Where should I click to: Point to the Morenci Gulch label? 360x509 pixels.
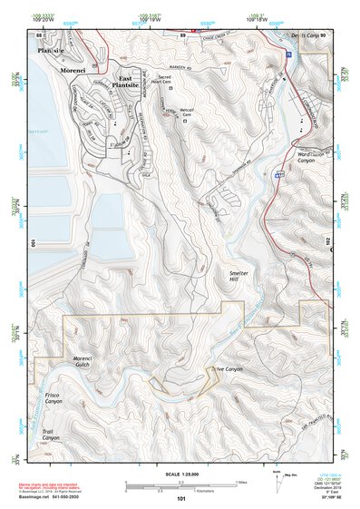pos(89,363)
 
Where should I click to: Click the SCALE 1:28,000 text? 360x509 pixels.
pos(180,475)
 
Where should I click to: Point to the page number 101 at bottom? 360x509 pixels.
pos(180,498)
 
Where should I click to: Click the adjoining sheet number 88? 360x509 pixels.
pos(39,34)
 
